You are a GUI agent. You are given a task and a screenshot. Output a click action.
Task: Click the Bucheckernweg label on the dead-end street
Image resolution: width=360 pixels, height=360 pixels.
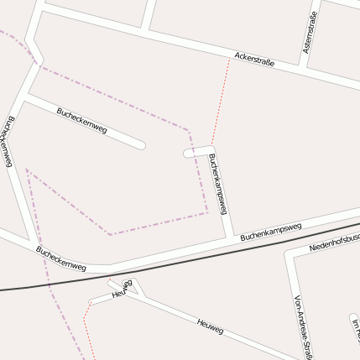[x=81, y=121]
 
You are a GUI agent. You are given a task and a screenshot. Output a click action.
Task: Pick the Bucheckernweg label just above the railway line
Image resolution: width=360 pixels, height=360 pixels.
[x=60, y=259]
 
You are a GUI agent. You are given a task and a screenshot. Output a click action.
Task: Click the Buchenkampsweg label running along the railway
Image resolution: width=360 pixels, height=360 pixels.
[x=270, y=232]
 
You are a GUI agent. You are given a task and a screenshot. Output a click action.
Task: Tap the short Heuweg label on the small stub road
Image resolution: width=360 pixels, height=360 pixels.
[x=123, y=290]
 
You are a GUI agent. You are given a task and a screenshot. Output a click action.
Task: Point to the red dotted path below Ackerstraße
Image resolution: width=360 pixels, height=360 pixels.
[x=220, y=101]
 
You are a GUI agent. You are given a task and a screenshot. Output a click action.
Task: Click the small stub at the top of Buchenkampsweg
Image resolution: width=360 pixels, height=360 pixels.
[x=190, y=153]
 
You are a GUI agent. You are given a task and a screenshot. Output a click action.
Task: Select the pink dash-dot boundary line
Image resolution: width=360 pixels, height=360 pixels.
[x=151, y=225]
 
